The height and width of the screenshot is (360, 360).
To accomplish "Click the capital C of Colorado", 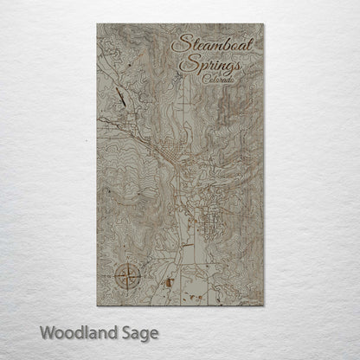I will click(x=201, y=79).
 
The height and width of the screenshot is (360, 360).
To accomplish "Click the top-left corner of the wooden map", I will click(x=97, y=24).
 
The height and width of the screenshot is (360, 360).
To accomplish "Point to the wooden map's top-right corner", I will click(x=263, y=24).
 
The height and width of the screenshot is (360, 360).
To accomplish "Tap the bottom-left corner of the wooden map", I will click(x=97, y=305).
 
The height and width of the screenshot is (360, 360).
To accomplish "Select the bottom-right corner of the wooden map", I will click(x=263, y=305).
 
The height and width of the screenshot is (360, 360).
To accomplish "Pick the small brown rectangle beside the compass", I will click(x=170, y=281).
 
